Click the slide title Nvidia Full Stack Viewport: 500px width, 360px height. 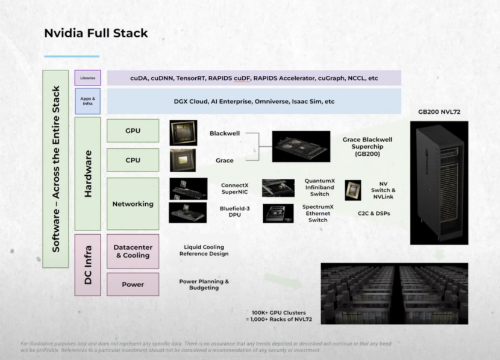pos(96,33)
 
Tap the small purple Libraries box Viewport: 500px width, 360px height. pos(87,78)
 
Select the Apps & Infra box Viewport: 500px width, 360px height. pos(87,101)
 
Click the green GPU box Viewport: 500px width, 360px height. pos(133,131)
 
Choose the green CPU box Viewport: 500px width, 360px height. pos(133,160)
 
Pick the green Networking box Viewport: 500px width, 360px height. pos(133,203)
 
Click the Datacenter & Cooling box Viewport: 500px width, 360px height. pos(133,251)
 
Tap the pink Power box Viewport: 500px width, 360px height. pos(133,284)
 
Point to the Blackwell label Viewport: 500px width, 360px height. pos(225,133)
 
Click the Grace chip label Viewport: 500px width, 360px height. pos(225,161)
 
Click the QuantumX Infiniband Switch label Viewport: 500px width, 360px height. pos(320,187)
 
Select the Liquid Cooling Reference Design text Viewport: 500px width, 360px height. pos(204,250)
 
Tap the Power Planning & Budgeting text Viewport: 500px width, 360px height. pos(204,285)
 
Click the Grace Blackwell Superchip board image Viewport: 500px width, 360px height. pos(301,146)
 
